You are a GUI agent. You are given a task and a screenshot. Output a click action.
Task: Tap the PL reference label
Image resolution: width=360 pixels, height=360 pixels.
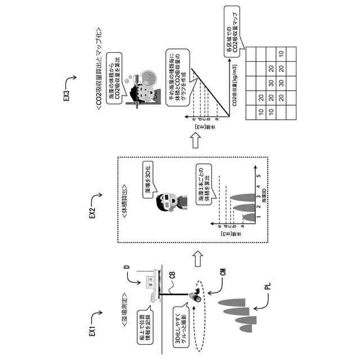click(x=268, y=291)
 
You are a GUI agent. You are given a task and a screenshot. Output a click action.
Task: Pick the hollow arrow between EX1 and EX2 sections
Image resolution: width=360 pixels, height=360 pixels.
click(x=196, y=258)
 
